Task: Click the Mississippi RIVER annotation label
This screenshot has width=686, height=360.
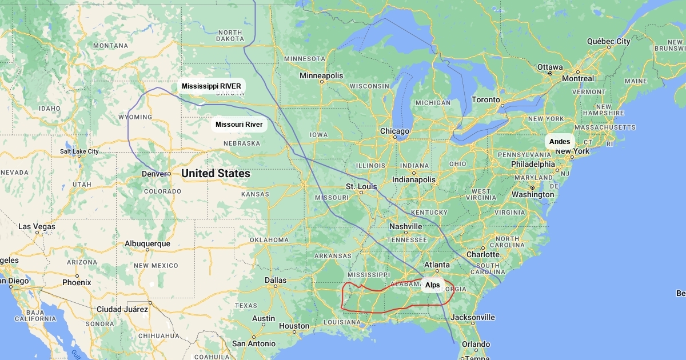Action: (212, 86)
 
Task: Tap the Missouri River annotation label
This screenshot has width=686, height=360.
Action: (239, 125)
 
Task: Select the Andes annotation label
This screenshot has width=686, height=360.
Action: (559, 141)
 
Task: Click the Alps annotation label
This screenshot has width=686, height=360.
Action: (433, 285)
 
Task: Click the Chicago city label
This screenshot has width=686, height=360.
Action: (394, 131)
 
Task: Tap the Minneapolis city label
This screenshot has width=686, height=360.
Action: (322, 76)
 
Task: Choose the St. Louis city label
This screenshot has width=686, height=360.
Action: (362, 187)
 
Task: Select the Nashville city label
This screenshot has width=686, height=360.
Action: (405, 226)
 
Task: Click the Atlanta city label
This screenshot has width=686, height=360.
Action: (437, 265)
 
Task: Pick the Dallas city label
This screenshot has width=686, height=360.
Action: (276, 280)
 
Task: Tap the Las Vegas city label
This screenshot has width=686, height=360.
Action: (37, 226)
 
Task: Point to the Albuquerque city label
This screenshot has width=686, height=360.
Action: (147, 243)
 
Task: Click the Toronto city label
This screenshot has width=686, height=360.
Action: (486, 99)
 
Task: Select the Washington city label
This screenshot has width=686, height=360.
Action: (533, 194)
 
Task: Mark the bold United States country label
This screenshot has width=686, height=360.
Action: (216, 174)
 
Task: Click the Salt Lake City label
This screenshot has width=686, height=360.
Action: (79, 151)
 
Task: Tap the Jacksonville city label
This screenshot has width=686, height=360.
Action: (473, 317)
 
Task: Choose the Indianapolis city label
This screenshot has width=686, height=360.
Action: (414, 179)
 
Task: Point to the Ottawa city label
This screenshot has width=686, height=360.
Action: (550, 67)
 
